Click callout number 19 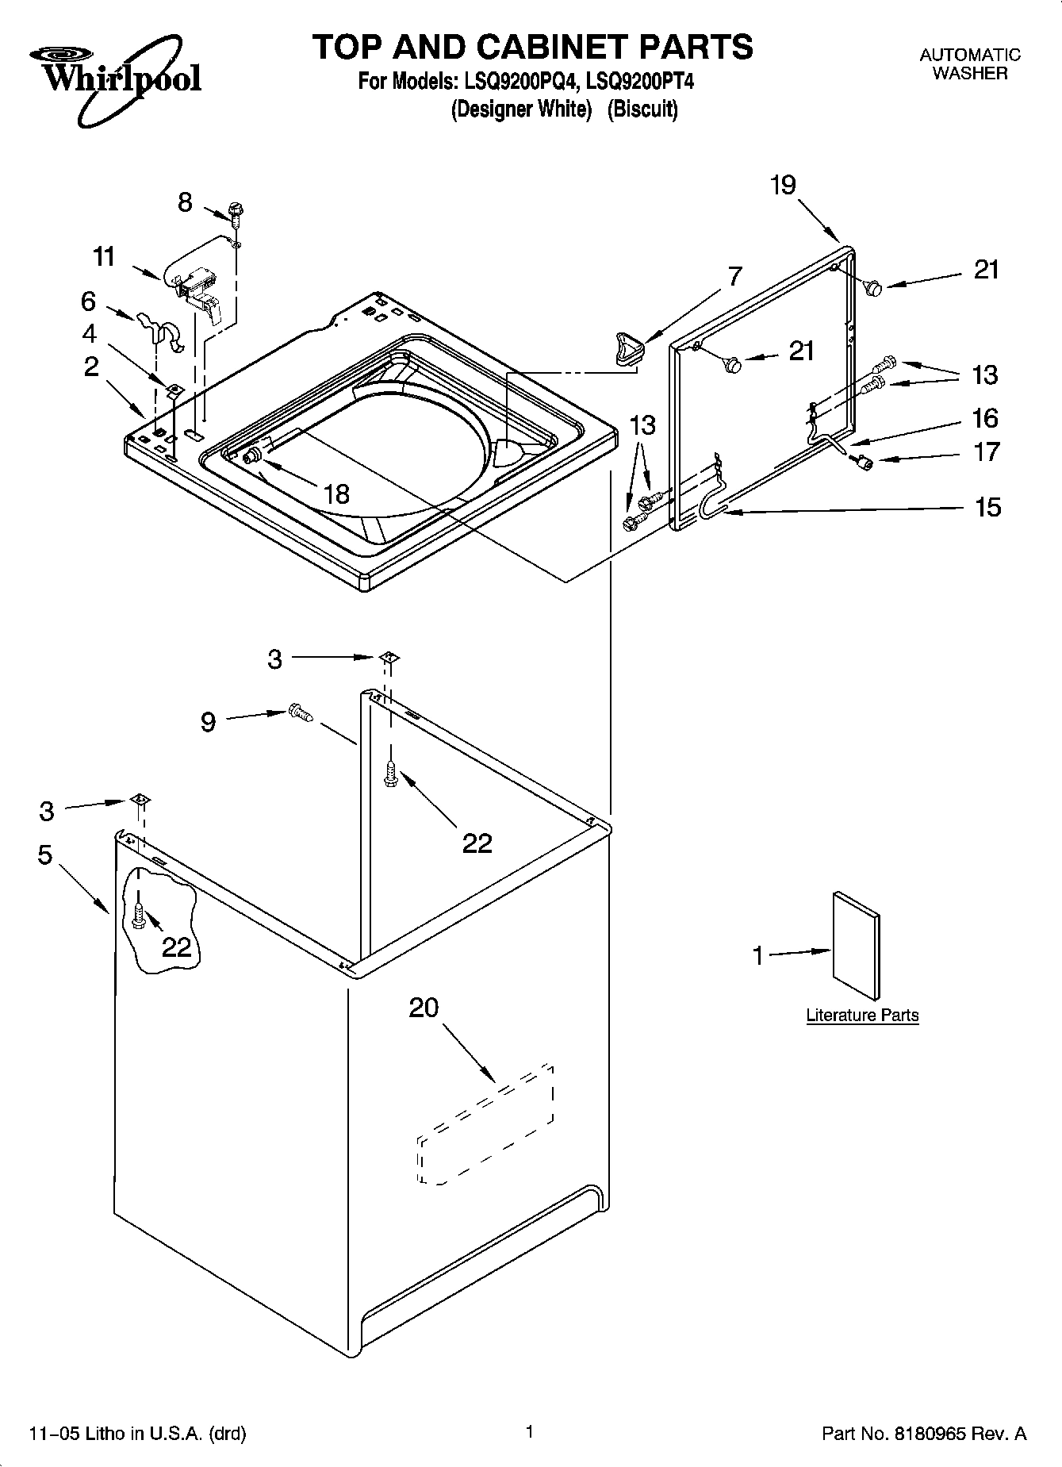click(782, 185)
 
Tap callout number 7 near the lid click(734, 277)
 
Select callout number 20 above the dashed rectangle click(424, 1008)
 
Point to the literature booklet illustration click(856, 946)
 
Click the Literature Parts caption click(862, 1015)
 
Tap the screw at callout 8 click(236, 210)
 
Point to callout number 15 click(987, 506)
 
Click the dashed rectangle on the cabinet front click(485, 1123)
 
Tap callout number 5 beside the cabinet click(44, 854)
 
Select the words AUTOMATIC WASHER click(969, 63)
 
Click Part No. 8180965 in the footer click(924, 1433)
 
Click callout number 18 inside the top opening click(336, 494)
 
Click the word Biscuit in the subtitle click(642, 109)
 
